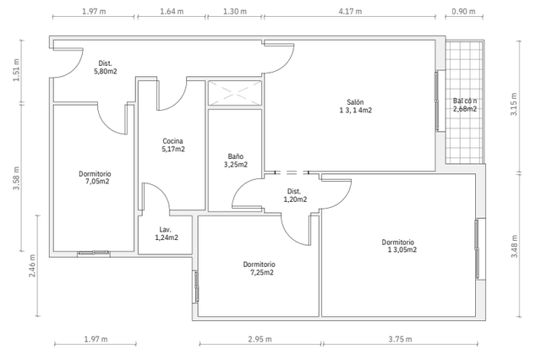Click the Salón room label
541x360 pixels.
click(355, 102)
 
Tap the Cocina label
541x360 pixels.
click(172, 141)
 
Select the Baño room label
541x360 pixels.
click(235, 156)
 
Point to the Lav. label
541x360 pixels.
click(166, 229)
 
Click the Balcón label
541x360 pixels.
click(465, 101)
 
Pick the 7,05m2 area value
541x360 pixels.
click(97, 182)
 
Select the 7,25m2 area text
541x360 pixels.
click(262, 272)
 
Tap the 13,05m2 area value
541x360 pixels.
click(402, 249)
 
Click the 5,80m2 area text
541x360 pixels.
click(105, 71)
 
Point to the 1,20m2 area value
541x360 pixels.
click(295, 199)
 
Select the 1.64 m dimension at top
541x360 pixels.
click(172, 11)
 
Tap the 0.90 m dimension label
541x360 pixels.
click(463, 11)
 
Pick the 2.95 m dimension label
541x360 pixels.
click(260, 340)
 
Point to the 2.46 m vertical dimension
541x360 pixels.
click(32, 265)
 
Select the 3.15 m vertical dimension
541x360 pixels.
click(514, 104)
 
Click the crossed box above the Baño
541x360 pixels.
click(235, 93)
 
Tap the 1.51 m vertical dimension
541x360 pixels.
click(16, 70)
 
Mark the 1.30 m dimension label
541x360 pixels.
click(235, 11)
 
